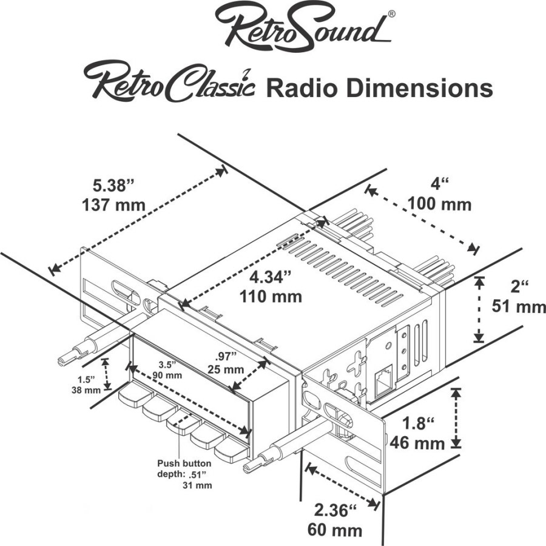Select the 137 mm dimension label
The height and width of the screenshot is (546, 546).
pyautogui.click(x=113, y=204)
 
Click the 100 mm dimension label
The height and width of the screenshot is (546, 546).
pyautogui.click(x=440, y=204)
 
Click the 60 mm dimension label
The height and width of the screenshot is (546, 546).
pyautogui.click(x=335, y=530)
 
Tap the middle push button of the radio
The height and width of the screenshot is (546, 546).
pyautogui.click(x=180, y=419)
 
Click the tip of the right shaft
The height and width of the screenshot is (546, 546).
pyautogui.click(x=248, y=467)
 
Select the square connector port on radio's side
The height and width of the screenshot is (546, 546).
pyautogui.click(x=383, y=383)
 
